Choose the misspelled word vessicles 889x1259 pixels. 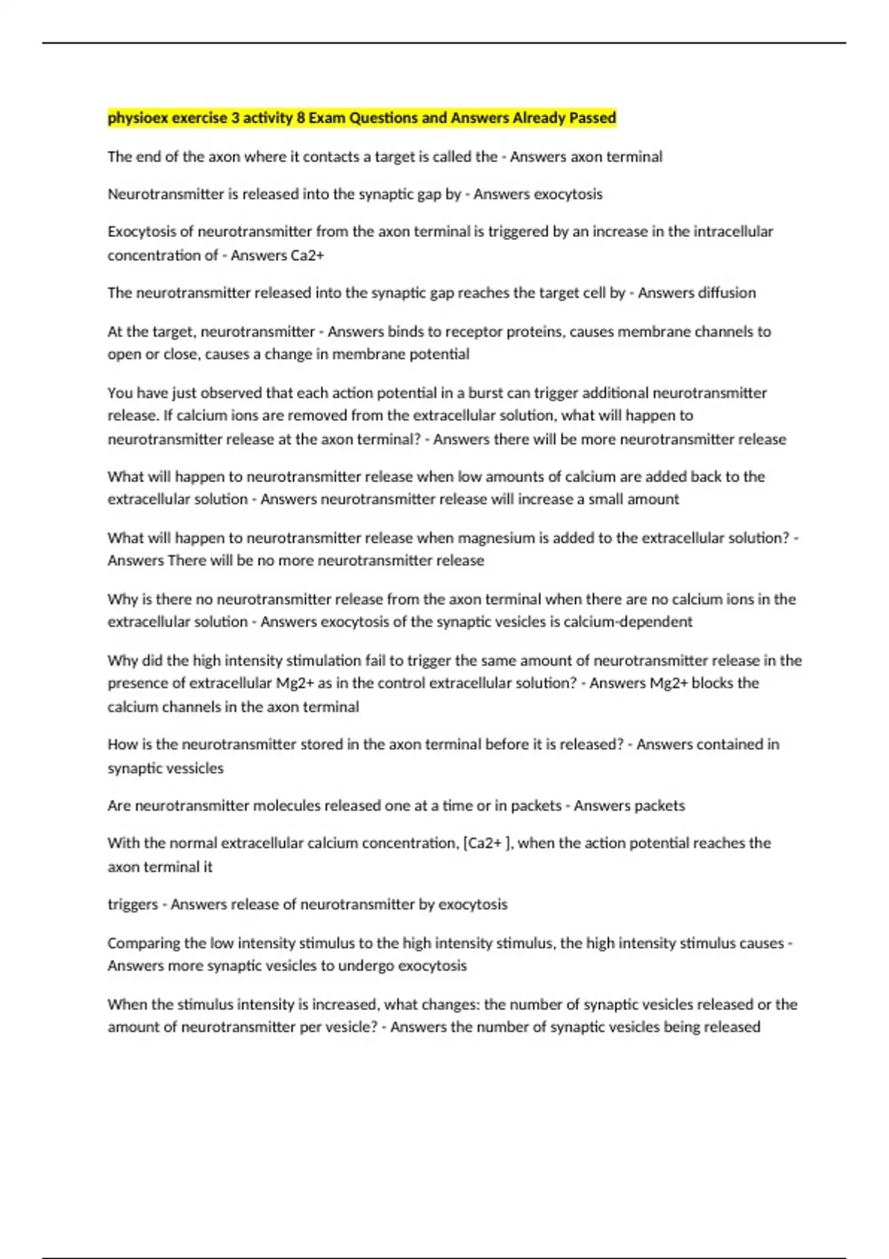[x=194, y=768]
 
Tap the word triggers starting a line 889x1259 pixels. [x=133, y=904]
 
